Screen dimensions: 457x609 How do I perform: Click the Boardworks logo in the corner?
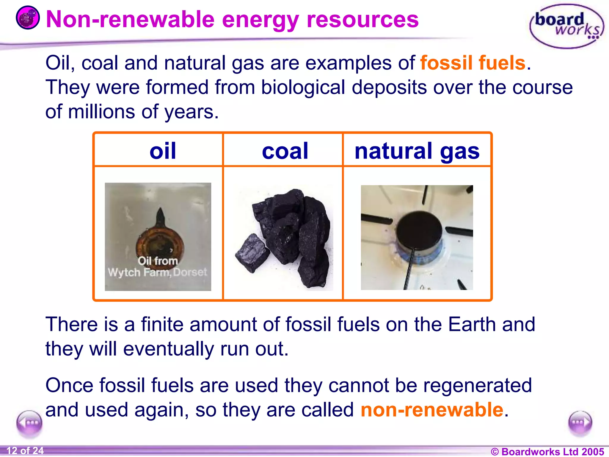[566, 26]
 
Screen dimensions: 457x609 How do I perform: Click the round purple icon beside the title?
[28, 18]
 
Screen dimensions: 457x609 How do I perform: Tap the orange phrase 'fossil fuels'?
[473, 63]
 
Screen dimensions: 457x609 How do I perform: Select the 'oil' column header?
[163, 151]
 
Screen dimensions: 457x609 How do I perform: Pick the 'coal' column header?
[285, 151]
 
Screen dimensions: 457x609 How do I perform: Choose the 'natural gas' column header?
[417, 151]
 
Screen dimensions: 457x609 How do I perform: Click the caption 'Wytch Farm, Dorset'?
[157, 272]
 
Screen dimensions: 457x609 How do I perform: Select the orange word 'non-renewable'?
[432, 410]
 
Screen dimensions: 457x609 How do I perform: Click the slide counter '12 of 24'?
[25, 450]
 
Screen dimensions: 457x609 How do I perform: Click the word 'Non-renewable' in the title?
[130, 20]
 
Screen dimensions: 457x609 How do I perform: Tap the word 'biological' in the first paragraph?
[303, 87]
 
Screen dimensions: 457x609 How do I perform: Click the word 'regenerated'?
[478, 385]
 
